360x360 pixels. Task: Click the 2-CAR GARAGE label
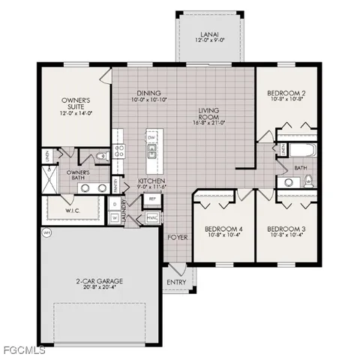click(99, 281)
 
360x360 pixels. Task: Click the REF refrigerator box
click(151, 199)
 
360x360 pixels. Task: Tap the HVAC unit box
click(151, 217)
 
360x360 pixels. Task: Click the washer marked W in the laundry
click(114, 217)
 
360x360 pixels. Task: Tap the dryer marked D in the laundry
click(114, 203)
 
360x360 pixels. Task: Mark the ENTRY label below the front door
click(177, 282)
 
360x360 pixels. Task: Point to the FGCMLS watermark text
click(24, 349)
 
